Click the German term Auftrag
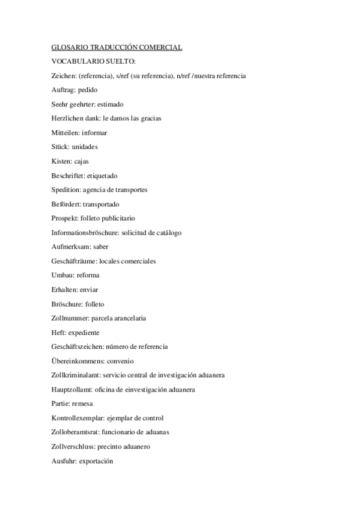[63, 90]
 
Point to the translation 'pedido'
[88, 90]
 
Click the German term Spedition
[65, 189]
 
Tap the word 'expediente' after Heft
[84, 332]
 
